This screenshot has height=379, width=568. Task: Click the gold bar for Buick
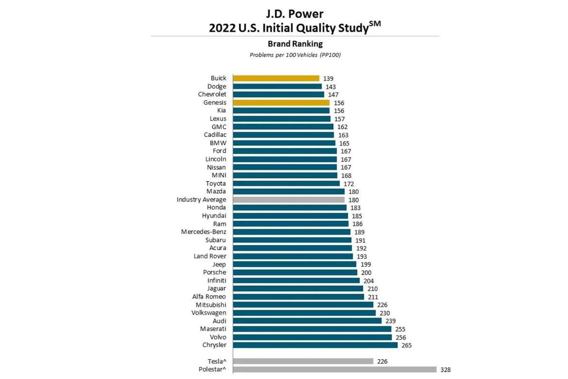[276, 79]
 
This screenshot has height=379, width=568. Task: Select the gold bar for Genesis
[281, 103]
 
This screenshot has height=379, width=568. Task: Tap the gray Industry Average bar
[289, 200]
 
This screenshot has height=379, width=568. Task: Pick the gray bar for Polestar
[334, 370]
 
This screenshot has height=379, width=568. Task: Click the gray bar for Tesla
[303, 362]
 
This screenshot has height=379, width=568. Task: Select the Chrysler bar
[315, 345]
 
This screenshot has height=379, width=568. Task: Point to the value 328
[445, 370]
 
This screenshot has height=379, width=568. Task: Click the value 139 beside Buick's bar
[328, 79]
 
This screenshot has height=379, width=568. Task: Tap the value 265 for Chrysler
[406, 346]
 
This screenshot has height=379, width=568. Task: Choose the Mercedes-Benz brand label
[203, 232]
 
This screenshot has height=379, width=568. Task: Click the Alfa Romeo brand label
[209, 297]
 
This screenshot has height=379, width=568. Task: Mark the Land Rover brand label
[210, 256]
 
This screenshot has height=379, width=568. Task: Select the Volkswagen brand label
[209, 313]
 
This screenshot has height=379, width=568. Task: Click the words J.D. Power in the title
[295, 14]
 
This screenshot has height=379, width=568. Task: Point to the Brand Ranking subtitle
[295, 44]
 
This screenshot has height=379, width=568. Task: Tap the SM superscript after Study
[375, 24]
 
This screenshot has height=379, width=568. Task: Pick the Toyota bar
[286, 184]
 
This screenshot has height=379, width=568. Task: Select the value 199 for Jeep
[366, 264]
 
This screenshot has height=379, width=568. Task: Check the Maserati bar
[312, 329]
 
